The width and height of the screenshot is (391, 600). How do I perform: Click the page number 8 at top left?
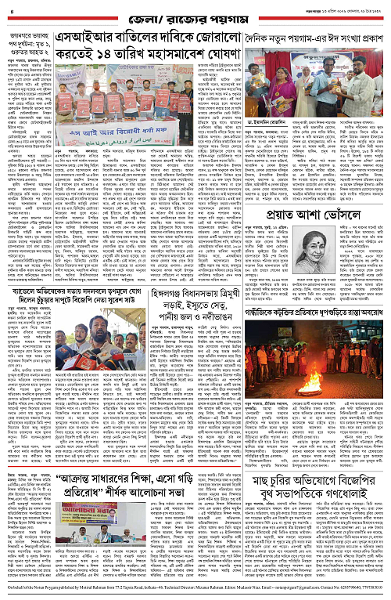[x=10, y=9]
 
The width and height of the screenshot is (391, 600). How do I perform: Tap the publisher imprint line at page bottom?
[x=195, y=592]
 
